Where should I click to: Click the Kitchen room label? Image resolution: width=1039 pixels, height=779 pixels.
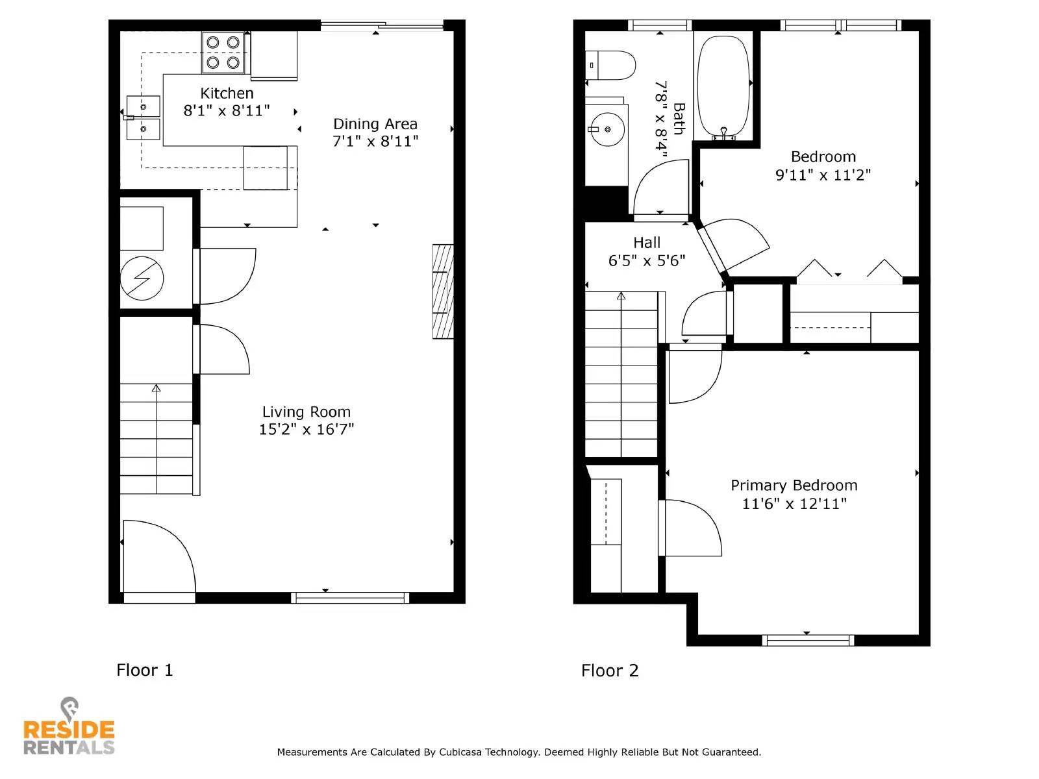pyautogui.click(x=227, y=93)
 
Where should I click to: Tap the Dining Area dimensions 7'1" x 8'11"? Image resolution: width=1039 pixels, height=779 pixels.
pyautogui.click(x=375, y=142)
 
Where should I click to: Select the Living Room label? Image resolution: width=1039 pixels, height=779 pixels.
pyautogui.click(x=306, y=412)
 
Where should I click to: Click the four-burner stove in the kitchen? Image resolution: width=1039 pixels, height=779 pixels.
pyautogui.click(x=223, y=53)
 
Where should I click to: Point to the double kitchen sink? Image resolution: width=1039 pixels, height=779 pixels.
pyautogui.click(x=143, y=117)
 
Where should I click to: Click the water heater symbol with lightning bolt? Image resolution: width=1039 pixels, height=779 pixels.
pyautogui.click(x=142, y=278)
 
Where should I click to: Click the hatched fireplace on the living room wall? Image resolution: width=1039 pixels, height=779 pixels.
pyautogui.click(x=443, y=291)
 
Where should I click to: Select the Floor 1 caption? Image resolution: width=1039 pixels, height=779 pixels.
pyautogui.click(x=144, y=670)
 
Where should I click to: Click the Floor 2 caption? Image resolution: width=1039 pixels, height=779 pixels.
pyautogui.click(x=609, y=671)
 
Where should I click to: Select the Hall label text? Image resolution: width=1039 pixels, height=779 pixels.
pyautogui.click(x=647, y=243)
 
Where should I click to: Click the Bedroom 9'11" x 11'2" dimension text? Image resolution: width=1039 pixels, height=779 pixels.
pyautogui.click(x=823, y=175)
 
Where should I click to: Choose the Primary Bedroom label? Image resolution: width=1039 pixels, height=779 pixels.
pyautogui.click(x=794, y=486)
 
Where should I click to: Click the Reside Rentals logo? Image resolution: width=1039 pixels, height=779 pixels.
pyautogui.click(x=69, y=728)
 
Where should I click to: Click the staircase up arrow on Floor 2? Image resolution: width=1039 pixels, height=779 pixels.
pyautogui.click(x=621, y=297)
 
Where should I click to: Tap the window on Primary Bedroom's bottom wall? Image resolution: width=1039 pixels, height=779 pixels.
pyautogui.click(x=807, y=640)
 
